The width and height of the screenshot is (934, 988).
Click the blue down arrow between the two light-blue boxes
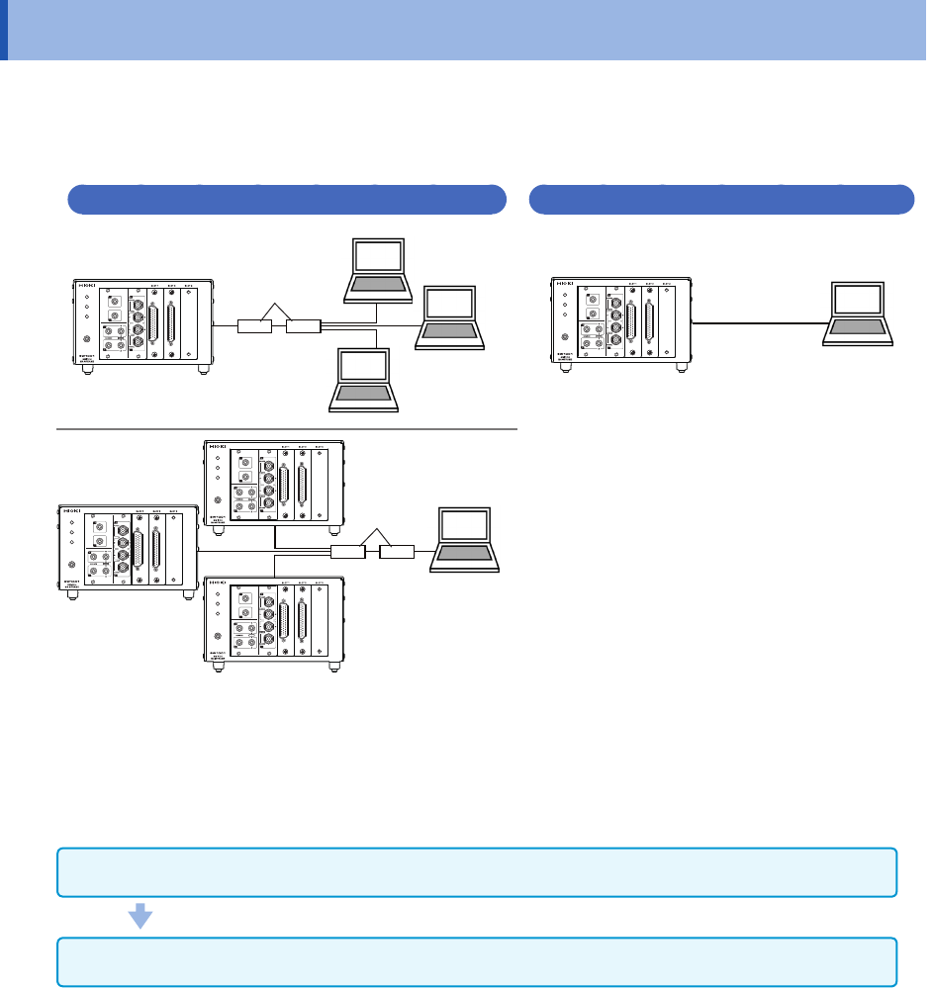tap(141, 918)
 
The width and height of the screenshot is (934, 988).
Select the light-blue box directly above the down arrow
tap(477, 872)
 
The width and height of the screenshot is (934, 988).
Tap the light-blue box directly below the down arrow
tap(477, 962)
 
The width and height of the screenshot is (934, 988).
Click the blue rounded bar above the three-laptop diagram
tap(286, 199)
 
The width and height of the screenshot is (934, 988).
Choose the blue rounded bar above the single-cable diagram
tap(721, 199)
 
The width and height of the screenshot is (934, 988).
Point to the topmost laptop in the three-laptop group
tap(376, 269)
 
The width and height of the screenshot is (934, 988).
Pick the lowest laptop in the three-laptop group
tap(365, 380)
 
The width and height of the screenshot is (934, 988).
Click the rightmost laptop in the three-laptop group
tap(450, 316)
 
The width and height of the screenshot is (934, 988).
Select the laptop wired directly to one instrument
tap(859, 314)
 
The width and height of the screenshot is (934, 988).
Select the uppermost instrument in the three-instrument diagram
tap(274, 482)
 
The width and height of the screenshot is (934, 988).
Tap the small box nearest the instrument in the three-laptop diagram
tap(255, 324)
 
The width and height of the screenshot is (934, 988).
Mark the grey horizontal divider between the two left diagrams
tap(287, 429)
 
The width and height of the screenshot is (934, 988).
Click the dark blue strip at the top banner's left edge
tap(3, 30)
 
